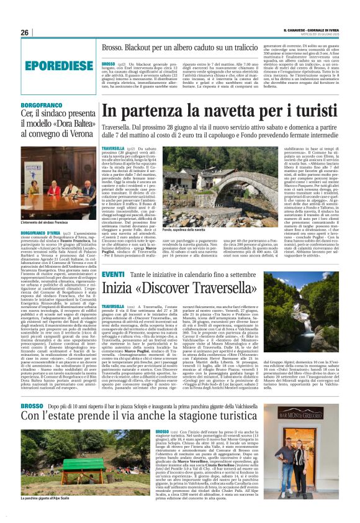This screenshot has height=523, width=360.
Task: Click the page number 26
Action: pyautogui.click(x=25, y=33)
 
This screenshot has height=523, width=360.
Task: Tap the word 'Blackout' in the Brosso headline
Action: pyautogui.click(x=135, y=47)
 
